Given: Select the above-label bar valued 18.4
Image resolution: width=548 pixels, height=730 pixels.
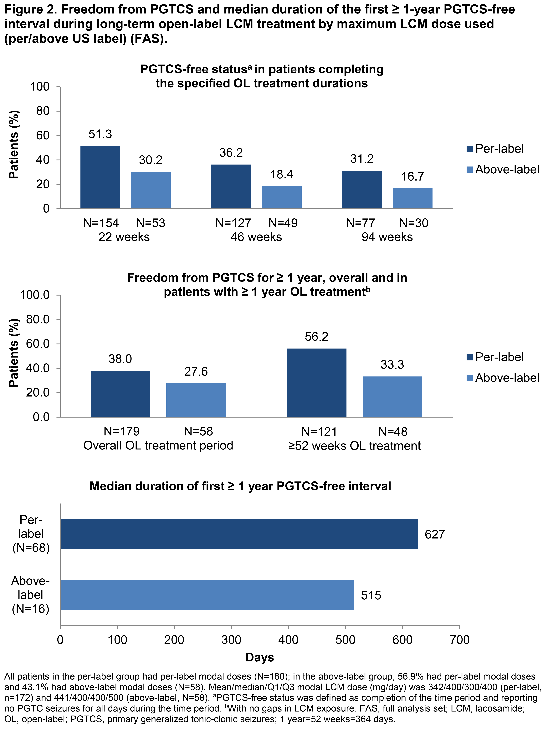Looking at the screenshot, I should click(282, 197).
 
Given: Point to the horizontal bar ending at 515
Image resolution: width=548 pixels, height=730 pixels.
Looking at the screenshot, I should click(207, 595).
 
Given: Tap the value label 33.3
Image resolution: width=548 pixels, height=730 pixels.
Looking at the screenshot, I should click(392, 365).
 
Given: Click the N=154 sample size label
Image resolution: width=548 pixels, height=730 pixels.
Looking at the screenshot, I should click(101, 223).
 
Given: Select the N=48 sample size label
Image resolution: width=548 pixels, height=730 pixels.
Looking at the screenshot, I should click(393, 432).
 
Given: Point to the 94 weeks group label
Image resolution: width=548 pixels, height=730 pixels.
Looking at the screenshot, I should click(387, 237).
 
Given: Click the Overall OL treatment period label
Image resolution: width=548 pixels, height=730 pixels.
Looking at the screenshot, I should click(158, 446).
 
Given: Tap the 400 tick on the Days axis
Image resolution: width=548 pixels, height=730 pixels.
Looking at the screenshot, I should click(288, 640).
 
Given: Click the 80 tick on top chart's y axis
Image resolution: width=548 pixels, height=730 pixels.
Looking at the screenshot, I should click(43, 111).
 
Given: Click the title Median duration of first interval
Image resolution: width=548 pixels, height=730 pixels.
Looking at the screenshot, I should click(240, 486).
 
